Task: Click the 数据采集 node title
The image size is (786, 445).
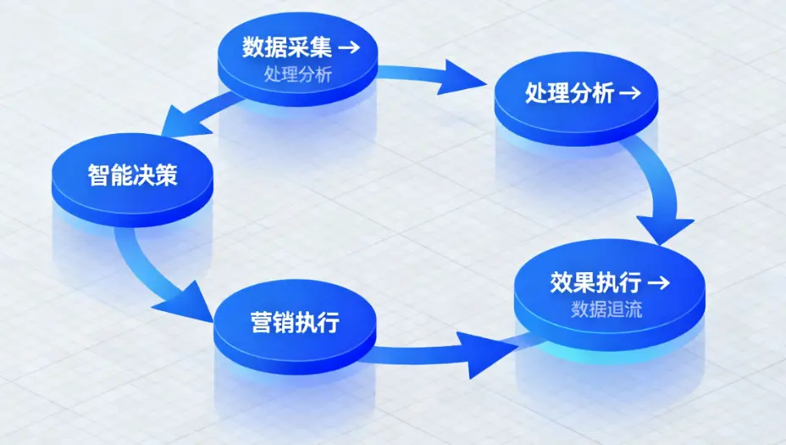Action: [x=287, y=47]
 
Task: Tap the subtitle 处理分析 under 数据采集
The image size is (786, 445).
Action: [x=298, y=75]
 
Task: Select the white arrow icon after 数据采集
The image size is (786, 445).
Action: [x=350, y=47]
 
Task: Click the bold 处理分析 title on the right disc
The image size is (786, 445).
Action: [x=569, y=92]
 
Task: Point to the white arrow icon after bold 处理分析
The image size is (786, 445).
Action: [x=630, y=92]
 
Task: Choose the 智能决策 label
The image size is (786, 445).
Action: [x=133, y=175]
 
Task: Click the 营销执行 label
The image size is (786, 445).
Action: [x=296, y=322]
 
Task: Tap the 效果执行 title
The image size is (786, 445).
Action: [x=595, y=282]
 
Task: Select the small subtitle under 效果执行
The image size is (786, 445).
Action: [x=606, y=309]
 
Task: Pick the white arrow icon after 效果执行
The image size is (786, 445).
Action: [x=659, y=282]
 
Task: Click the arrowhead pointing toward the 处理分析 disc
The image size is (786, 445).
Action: [x=459, y=78]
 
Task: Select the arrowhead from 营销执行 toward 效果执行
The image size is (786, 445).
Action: [x=487, y=354]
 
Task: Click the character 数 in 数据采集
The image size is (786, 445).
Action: [x=253, y=47]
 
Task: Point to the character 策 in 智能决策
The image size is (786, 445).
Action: [x=166, y=175]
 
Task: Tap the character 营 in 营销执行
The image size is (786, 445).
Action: [x=262, y=322]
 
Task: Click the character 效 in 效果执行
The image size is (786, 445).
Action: [x=562, y=282]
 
